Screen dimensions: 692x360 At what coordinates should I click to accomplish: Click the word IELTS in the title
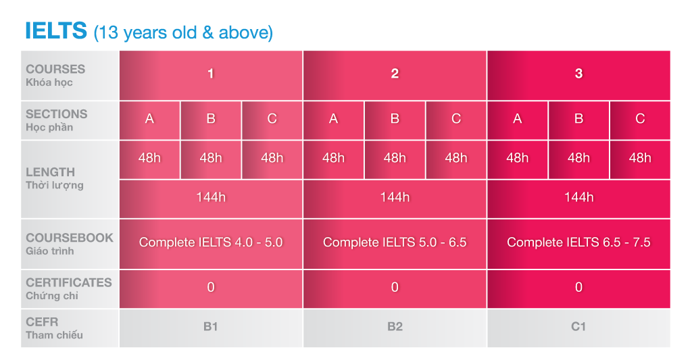(x=56, y=30)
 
